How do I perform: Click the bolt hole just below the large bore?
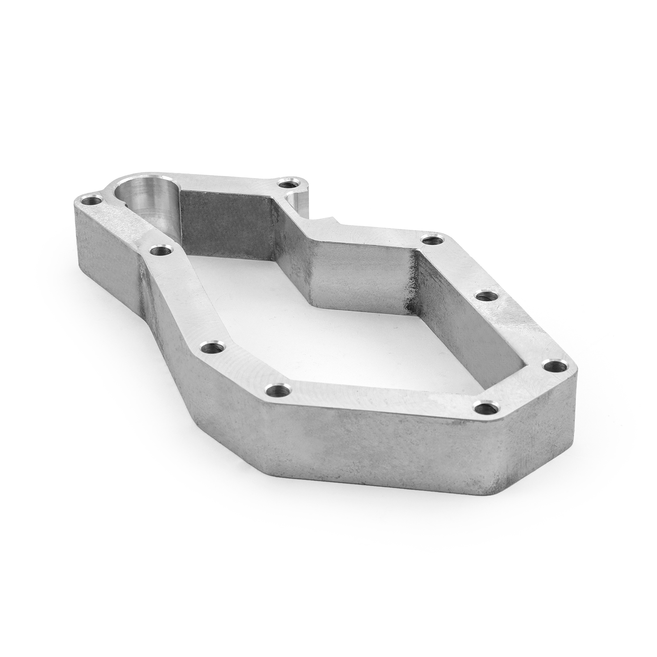pos(158,249)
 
